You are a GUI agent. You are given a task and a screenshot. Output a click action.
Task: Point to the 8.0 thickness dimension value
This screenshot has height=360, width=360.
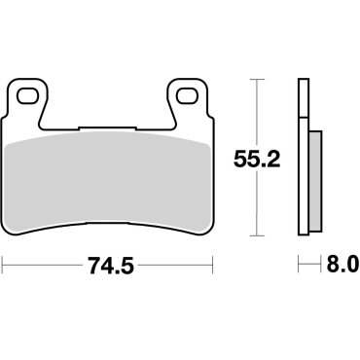point(336,265)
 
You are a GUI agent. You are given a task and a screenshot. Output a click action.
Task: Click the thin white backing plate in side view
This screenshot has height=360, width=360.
point(302,156)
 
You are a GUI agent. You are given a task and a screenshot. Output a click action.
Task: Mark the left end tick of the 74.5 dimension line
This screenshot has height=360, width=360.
point(4,265)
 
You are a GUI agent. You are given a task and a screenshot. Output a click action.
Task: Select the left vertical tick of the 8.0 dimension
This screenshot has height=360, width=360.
point(299,265)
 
